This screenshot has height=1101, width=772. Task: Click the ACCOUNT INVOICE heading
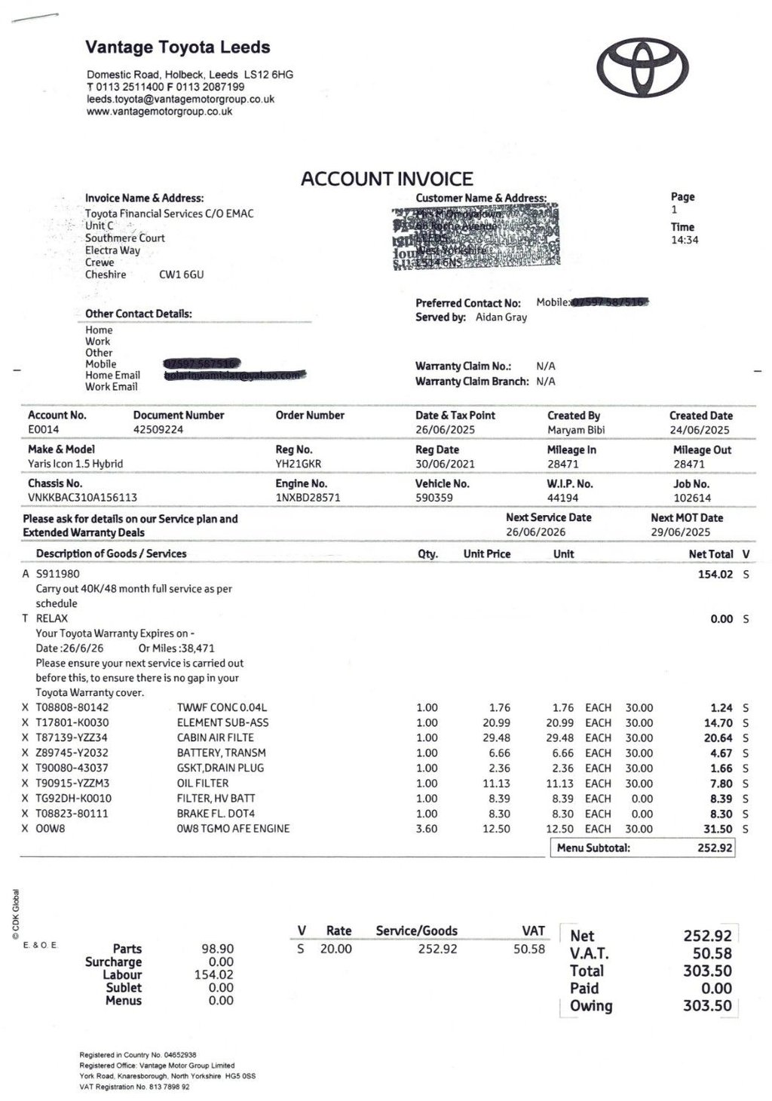(387, 179)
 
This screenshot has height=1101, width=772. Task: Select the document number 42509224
(158, 429)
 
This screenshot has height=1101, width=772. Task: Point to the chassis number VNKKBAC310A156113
(83, 498)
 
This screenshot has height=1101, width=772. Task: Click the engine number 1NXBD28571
(308, 498)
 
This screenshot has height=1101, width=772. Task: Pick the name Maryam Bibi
(576, 430)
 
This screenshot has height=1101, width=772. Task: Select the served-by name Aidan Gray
(501, 317)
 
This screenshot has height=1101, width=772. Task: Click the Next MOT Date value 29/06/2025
(680, 532)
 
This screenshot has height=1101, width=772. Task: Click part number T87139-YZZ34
(72, 738)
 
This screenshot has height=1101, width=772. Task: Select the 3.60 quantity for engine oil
(427, 829)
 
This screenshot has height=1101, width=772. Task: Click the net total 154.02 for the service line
(715, 574)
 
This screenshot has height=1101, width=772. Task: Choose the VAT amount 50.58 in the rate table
(528, 949)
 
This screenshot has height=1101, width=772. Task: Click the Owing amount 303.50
(707, 1005)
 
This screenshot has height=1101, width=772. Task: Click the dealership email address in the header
(180, 99)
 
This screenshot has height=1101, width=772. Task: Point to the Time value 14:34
(685, 240)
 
